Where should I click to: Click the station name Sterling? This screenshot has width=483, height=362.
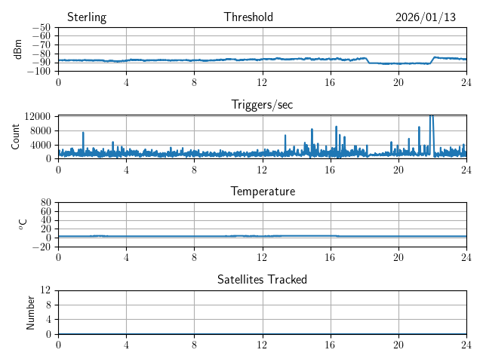pos(87,17)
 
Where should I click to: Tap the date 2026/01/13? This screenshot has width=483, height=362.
pos(426,17)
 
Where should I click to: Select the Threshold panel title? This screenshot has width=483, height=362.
pos(248,17)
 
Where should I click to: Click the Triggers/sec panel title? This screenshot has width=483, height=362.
pos(262,105)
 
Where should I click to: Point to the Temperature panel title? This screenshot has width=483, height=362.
pos(262,192)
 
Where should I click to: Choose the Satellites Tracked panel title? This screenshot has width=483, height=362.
pos(262,279)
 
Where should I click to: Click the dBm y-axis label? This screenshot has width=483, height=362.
pos(18,50)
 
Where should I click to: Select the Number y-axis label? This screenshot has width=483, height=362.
pos(30,312)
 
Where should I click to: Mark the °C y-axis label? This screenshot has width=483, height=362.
pos(23,224)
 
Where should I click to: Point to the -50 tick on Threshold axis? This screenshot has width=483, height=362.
pos(42,28)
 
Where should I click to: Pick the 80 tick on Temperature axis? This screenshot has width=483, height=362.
pos(45,203)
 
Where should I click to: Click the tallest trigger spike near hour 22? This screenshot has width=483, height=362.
pos(431,118)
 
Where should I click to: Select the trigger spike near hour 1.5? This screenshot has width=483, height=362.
pos(83,133)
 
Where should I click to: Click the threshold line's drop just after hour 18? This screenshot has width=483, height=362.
pos(368,61)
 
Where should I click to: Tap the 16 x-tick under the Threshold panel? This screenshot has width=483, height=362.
pos(331,81)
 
